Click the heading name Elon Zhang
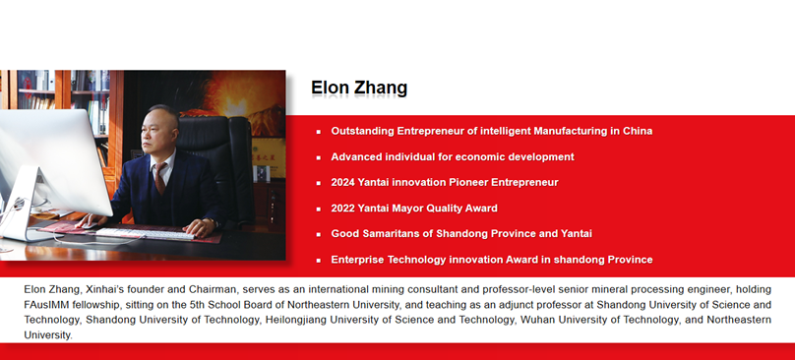[x=358, y=89]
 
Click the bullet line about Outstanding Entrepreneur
[x=491, y=131]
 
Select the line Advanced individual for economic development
[x=452, y=156]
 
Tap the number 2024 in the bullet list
[x=344, y=182]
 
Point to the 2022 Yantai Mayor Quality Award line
[x=413, y=209]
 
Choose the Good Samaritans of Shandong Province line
[x=460, y=234]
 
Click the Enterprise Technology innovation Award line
[x=491, y=260]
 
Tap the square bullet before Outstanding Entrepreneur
[x=318, y=132]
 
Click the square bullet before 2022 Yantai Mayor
[x=318, y=210]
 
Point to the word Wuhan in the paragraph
[x=534, y=320]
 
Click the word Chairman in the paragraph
[x=223, y=290]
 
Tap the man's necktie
[x=159, y=177]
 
